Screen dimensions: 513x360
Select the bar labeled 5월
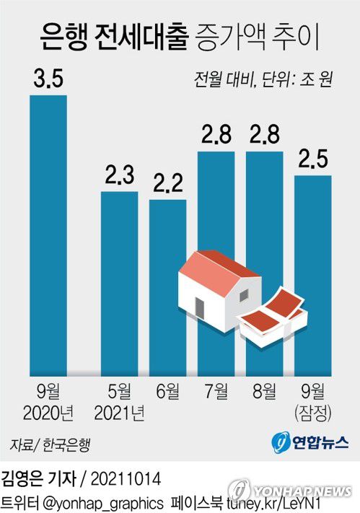point(119,281)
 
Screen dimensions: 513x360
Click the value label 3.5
point(48,79)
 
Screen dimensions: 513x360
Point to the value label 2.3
point(119,176)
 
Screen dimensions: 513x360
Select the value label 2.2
point(167,184)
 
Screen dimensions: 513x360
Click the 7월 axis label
point(216,393)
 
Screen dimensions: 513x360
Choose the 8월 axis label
point(264,393)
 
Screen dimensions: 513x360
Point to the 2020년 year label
point(48,413)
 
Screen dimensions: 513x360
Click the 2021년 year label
point(119,413)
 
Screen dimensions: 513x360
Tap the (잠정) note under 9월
point(313,413)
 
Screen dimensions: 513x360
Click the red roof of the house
point(216,267)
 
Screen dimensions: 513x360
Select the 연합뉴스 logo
point(311,442)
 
